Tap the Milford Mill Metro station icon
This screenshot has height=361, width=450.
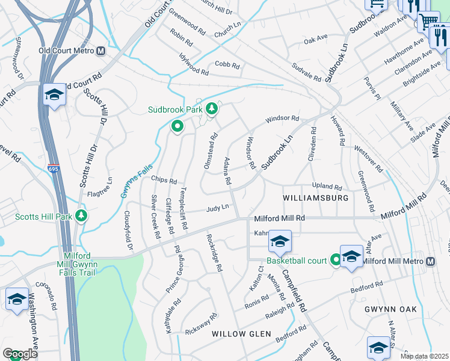431,261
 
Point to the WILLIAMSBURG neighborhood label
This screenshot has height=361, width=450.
316,197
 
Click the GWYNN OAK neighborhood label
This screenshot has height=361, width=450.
390,309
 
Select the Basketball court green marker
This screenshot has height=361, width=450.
336,261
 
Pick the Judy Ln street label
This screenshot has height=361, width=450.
218,208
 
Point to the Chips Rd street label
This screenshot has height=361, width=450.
164,180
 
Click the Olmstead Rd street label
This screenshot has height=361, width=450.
211,153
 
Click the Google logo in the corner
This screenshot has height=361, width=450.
20,354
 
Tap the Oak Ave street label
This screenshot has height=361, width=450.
315,40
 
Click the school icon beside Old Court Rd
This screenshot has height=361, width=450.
54,94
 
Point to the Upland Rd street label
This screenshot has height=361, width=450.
327,187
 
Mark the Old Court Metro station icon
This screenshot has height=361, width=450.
100,51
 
